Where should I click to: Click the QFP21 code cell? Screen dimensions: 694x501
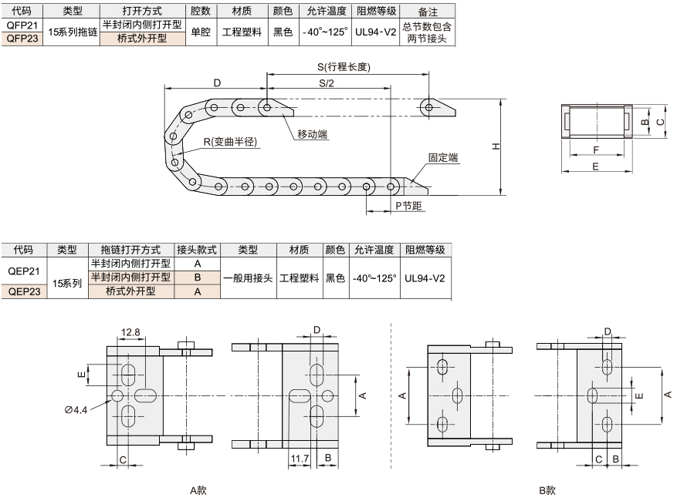[x=22, y=25]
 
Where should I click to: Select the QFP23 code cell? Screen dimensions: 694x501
[x=22, y=39]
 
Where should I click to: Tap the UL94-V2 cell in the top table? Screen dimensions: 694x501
[x=375, y=32]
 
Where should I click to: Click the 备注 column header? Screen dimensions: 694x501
[x=428, y=12]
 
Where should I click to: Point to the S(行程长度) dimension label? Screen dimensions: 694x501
[x=344, y=67]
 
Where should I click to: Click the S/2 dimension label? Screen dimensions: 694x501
[x=327, y=83]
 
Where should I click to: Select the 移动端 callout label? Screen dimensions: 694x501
[x=313, y=134]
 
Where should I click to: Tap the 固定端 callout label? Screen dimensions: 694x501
[x=442, y=157]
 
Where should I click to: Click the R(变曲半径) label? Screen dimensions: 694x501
[x=230, y=141]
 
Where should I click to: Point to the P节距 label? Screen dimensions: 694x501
[x=408, y=206]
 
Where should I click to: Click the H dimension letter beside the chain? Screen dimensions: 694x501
[x=496, y=146]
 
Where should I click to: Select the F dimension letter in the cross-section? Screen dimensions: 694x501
[x=596, y=150]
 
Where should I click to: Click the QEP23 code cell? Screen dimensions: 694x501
[x=25, y=291]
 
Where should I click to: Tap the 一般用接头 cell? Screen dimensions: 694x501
[x=248, y=278]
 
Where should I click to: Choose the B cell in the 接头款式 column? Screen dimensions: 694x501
[x=198, y=277]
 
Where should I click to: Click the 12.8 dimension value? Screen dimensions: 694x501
[x=130, y=331]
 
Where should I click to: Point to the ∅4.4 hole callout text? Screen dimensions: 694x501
[x=76, y=410]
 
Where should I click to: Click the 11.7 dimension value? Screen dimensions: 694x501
[x=300, y=459]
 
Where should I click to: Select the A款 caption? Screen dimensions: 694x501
[x=198, y=490]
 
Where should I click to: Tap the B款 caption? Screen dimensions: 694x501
[x=547, y=490]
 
